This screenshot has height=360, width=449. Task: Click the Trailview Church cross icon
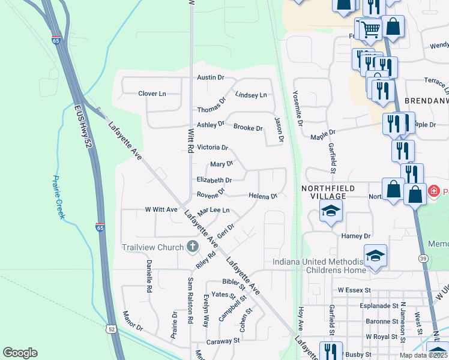(x=192, y=246)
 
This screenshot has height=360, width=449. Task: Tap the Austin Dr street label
(x=211, y=78)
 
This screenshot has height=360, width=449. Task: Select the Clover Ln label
(x=152, y=94)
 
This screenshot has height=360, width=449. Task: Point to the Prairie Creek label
(x=58, y=197)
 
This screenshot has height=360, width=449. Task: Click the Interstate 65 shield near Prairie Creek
(x=100, y=227)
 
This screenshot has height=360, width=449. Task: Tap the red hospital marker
(x=433, y=191)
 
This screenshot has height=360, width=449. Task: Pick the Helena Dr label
(x=263, y=196)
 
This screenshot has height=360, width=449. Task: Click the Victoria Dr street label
(x=212, y=147)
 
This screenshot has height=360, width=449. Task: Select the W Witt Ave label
(x=161, y=210)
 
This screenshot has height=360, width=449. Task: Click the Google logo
(x=20, y=353)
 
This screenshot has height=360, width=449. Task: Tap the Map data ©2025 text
(x=423, y=355)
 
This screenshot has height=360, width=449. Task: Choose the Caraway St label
(x=223, y=340)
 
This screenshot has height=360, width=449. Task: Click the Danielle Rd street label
(x=148, y=276)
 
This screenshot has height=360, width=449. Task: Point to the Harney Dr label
(x=356, y=236)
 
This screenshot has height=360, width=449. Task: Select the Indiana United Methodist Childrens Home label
(x=319, y=266)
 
